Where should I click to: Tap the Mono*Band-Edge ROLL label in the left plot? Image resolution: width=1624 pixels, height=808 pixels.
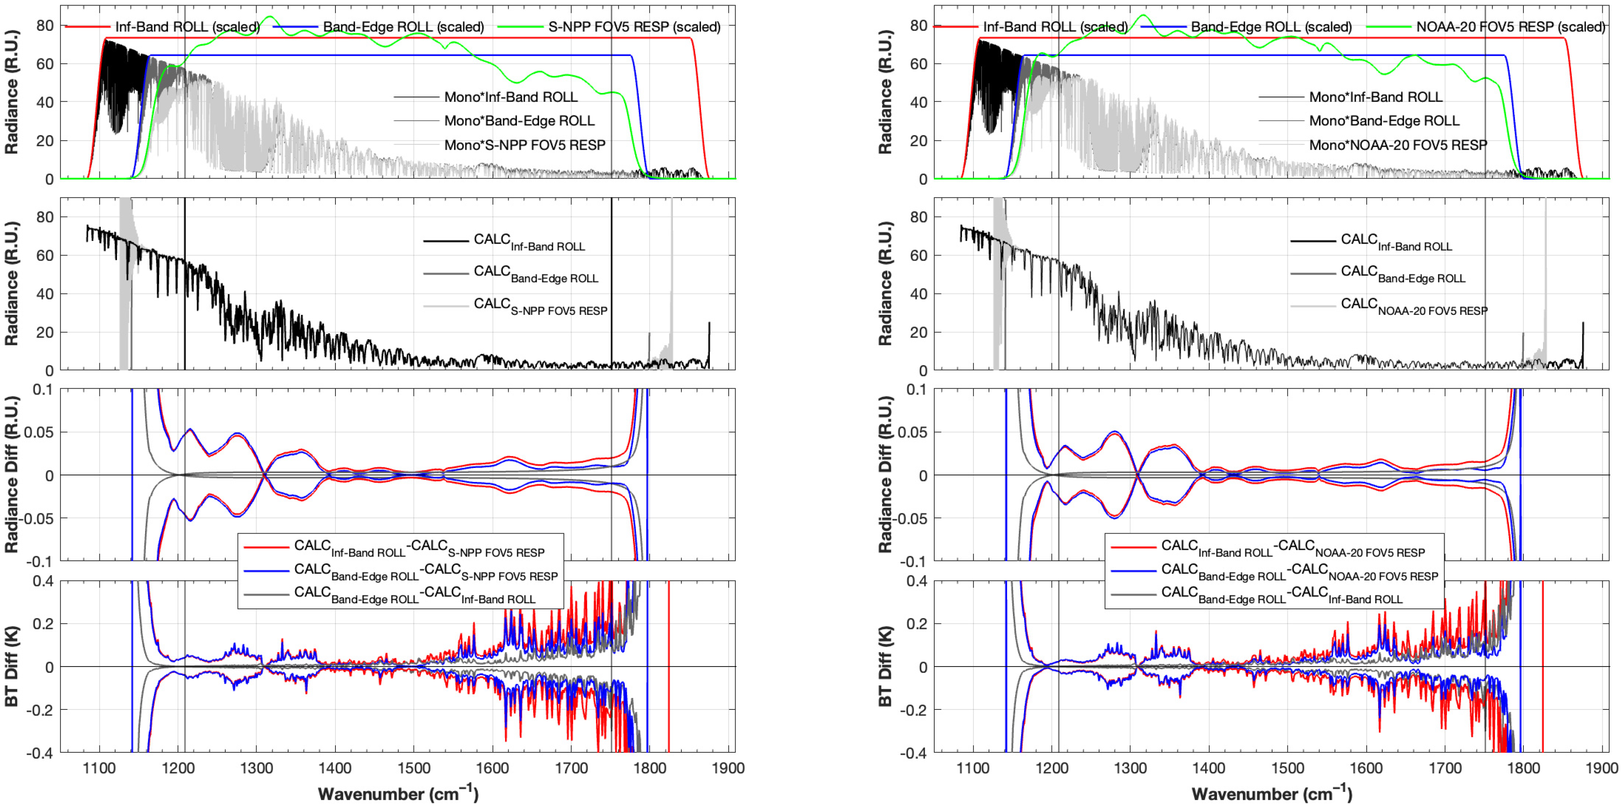[519, 121]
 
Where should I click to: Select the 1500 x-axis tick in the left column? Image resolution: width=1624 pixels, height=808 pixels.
[414, 768]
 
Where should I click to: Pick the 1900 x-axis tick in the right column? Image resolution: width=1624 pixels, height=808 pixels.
[1601, 768]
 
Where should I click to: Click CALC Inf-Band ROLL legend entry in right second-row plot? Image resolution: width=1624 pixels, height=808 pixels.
[1396, 242]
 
